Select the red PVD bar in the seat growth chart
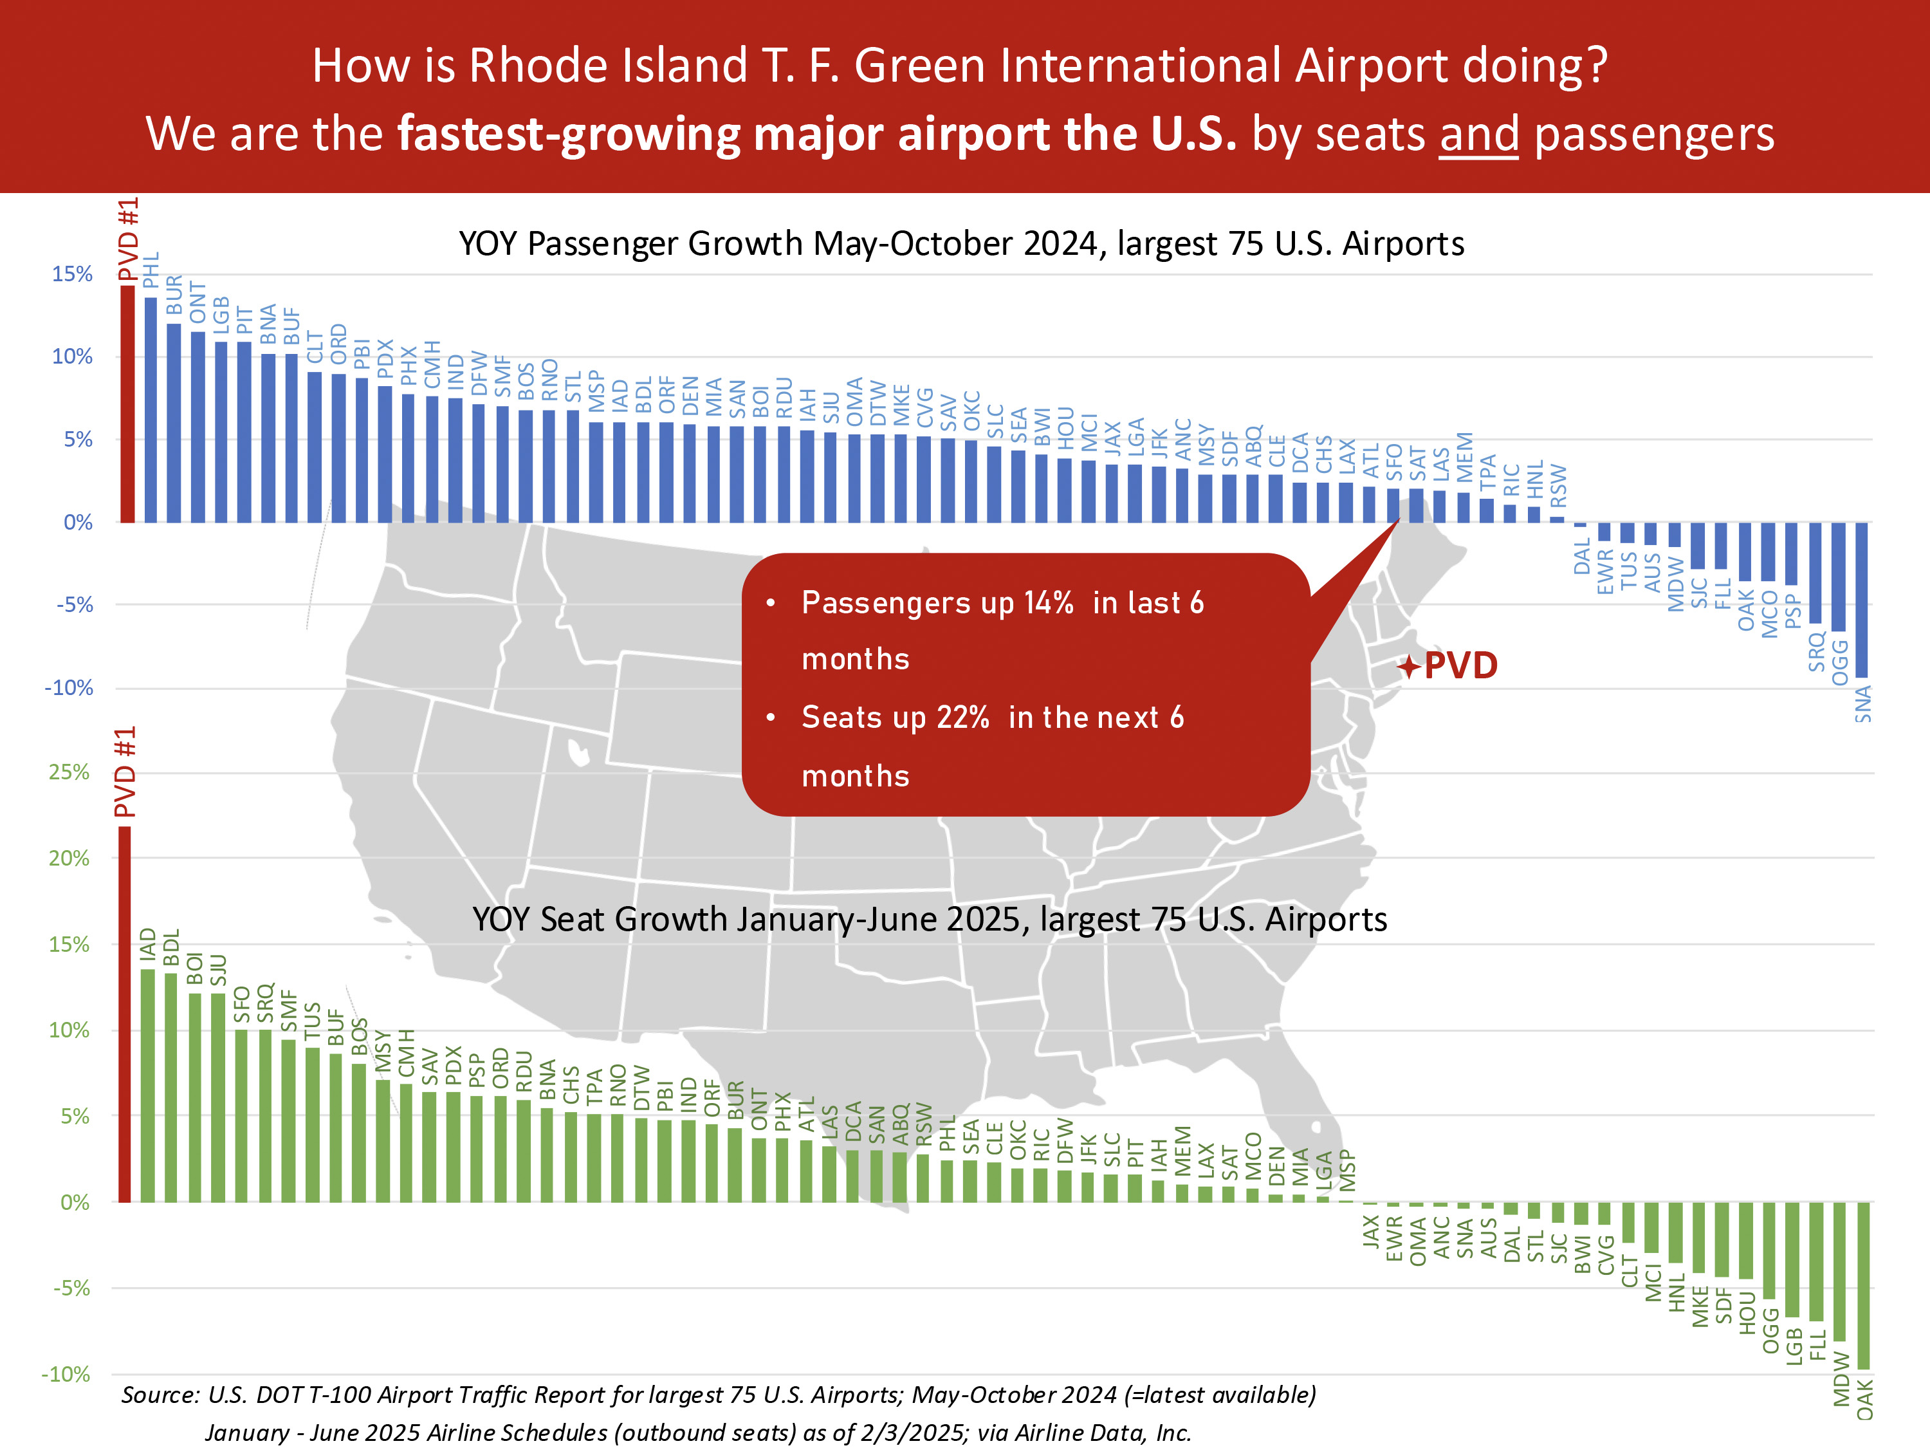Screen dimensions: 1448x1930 click(125, 1014)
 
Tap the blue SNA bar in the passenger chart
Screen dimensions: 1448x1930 click(1861, 600)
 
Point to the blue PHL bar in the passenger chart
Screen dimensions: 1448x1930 click(151, 410)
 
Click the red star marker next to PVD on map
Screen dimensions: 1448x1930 click(1408, 667)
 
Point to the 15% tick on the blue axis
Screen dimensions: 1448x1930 click(73, 274)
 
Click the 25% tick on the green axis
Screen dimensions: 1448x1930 click(69, 772)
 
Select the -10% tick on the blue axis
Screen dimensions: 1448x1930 click(69, 688)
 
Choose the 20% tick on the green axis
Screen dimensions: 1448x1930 click(69, 858)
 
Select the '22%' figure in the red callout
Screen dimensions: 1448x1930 click(962, 718)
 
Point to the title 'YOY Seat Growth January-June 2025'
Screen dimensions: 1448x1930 click(929, 919)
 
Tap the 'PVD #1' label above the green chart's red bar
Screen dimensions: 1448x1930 click(127, 772)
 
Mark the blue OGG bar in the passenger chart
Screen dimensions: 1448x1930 click(1839, 577)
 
